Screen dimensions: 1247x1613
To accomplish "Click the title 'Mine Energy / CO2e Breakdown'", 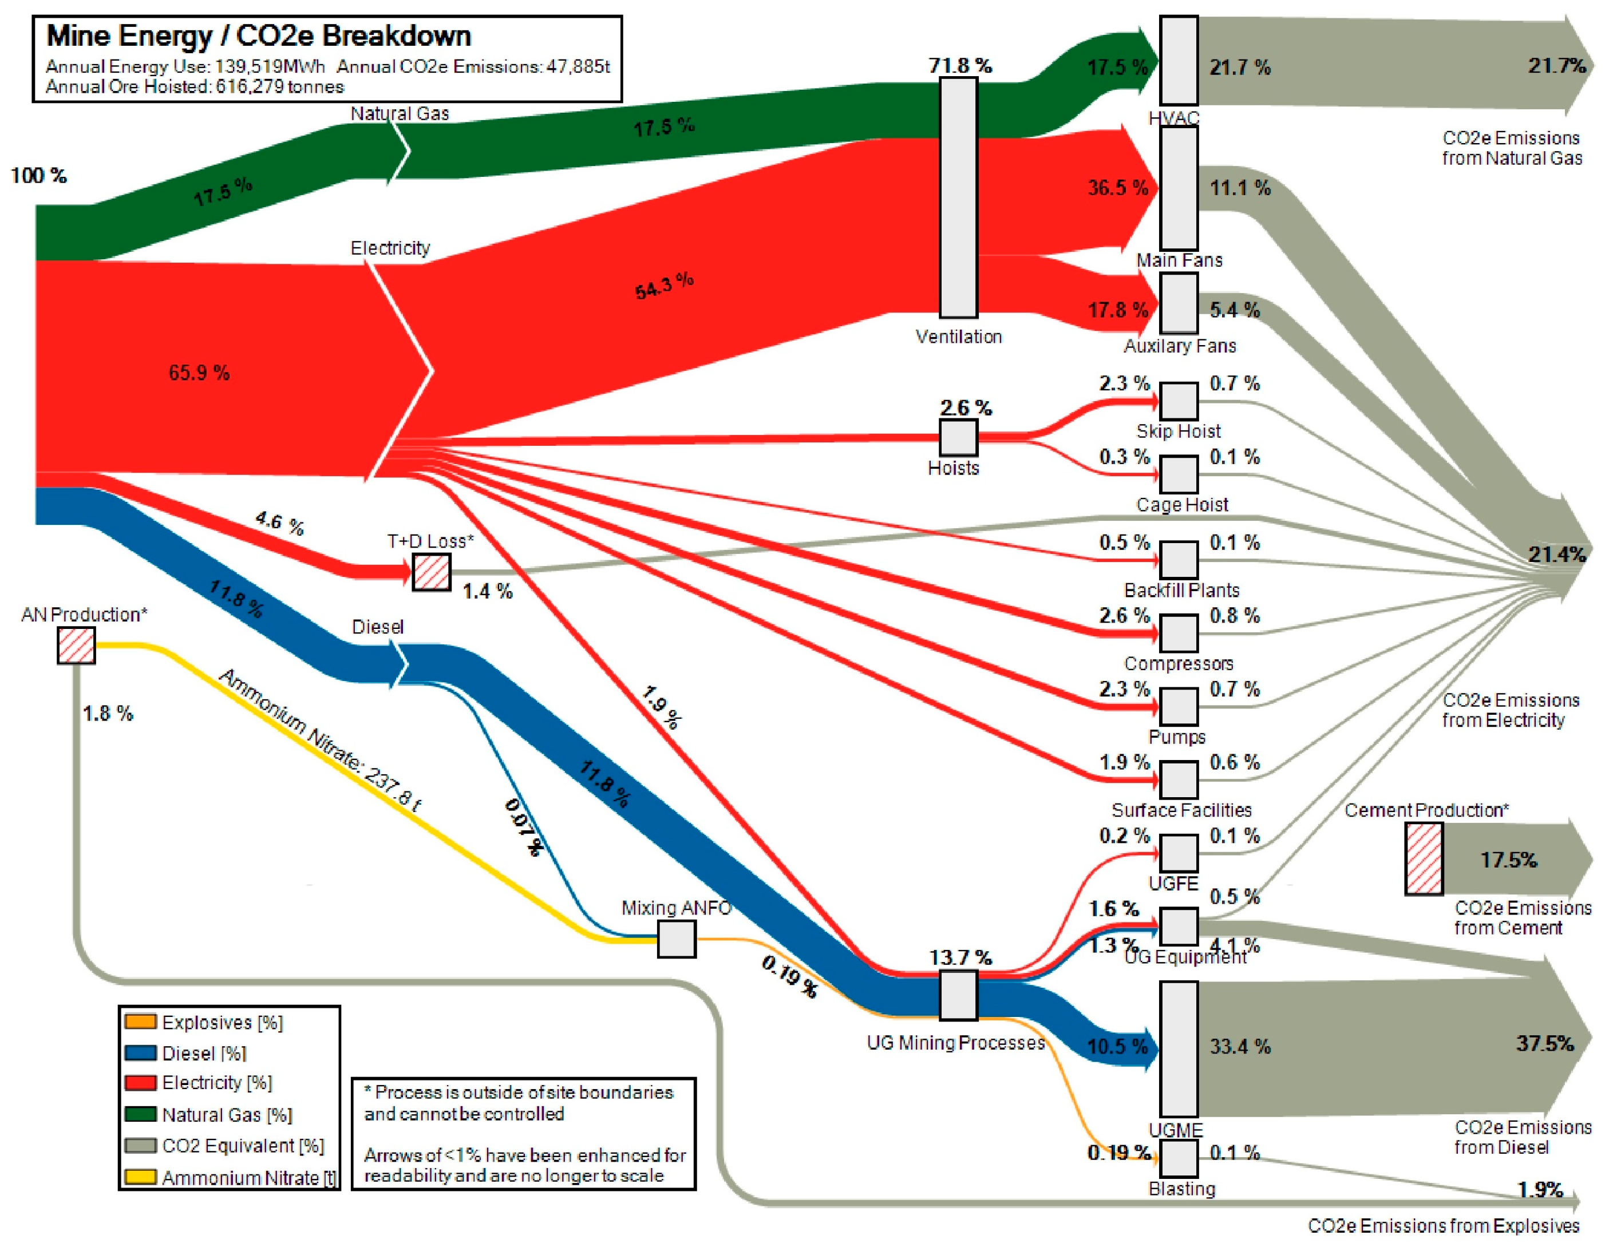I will point(259,35).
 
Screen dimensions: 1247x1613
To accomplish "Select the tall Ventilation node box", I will point(958,198).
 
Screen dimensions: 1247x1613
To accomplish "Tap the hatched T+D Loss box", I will point(432,572).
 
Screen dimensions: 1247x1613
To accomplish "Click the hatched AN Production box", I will point(76,646).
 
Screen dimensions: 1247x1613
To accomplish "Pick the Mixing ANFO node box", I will point(677,939).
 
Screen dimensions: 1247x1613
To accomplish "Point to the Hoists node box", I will point(958,437).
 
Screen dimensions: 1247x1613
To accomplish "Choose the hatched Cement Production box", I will point(1423,858).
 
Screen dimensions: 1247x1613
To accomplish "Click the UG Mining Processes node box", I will point(958,995).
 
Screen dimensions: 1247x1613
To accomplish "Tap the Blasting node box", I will point(1178,1158).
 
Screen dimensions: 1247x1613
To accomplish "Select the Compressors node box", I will point(1178,633).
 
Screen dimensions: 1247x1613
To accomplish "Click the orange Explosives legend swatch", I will point(140,1022).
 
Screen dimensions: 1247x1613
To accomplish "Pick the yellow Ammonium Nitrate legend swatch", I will point(140,1176).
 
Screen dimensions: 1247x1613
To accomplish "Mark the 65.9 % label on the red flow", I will point(199,372).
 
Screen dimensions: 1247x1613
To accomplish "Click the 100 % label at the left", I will point(38,176).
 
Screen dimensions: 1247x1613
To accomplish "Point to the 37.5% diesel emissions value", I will point(1544,1043).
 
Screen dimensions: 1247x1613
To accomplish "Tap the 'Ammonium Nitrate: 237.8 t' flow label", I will point(321,741).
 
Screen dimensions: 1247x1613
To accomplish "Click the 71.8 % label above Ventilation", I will point(959,66).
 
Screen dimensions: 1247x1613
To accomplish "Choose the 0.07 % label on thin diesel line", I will point(524,827).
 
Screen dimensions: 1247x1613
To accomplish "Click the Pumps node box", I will point(1178,706).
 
